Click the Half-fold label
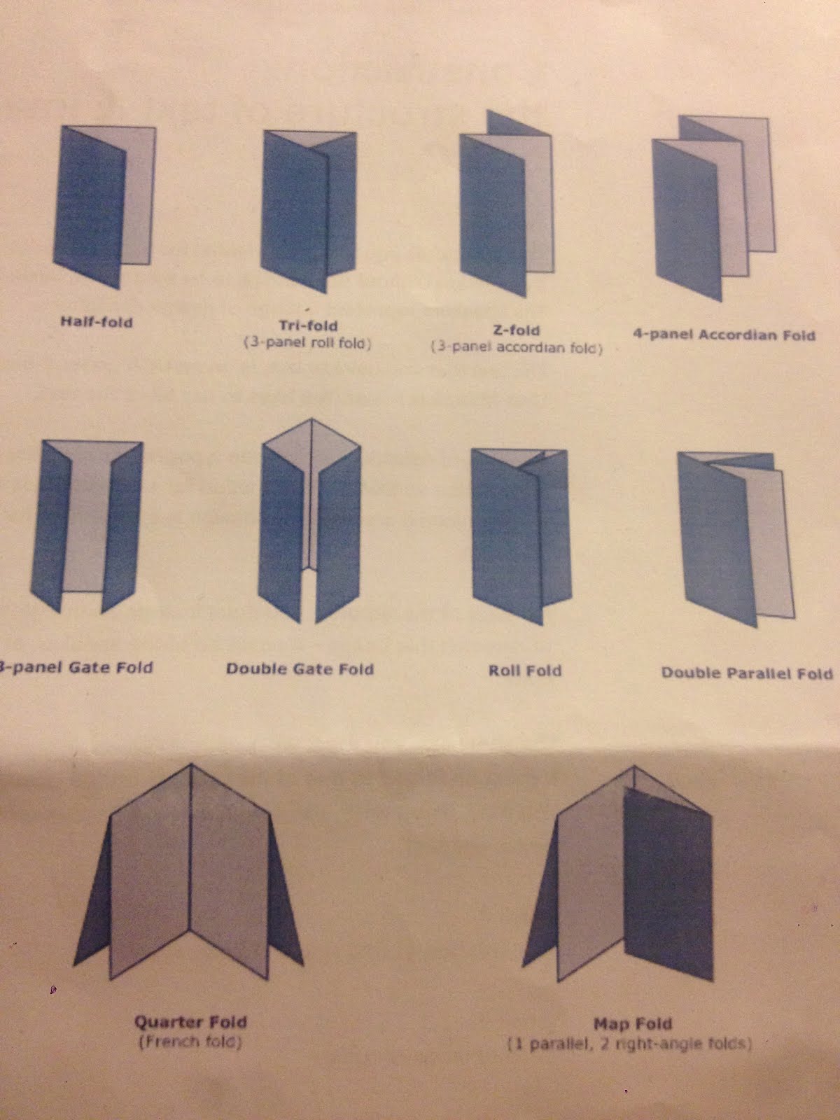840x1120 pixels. [97, 322]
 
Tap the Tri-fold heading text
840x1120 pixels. [308, 325]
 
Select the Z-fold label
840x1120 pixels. [516, 330]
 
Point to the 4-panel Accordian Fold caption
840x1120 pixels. [724, 335]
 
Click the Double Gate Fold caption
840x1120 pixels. [300, 668]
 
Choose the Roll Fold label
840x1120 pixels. [525, 670]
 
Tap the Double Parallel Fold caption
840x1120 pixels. [747, 673]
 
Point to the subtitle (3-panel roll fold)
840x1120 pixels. [307, 343]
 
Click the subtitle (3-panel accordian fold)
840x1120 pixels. [517, 347]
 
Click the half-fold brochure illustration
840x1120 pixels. [104, 206]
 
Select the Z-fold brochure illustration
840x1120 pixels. [506, 203]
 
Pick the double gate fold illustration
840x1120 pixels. [309, 521]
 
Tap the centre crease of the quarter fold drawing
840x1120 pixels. [190, 848]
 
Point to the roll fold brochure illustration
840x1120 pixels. [521, 537]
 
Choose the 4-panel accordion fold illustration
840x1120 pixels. [714, 208]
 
